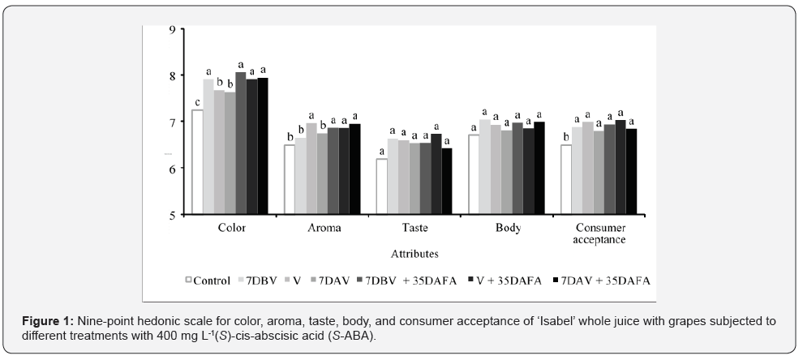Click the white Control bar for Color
click(x=197, y=162)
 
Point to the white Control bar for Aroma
click(x=290, y=179)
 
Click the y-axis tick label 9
click(x=172, y=29)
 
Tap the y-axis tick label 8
click(x=172, y=75)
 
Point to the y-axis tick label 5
click(x=172, y=215)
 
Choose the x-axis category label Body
click(x=508, y=228)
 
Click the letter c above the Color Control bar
click(x=197, y=102)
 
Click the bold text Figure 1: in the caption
click(x=50, y=321)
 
